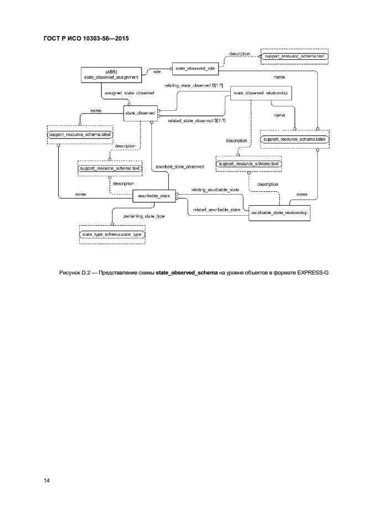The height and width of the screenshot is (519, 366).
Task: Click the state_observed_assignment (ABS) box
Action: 109,75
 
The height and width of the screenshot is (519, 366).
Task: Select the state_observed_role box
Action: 195,69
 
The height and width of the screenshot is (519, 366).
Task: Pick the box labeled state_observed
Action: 140,113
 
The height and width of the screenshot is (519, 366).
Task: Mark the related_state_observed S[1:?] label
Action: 197,120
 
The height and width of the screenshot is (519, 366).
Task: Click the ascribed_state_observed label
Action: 180,166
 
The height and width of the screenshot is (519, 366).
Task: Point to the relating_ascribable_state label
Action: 215,190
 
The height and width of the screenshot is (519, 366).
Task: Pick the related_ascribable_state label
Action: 216,210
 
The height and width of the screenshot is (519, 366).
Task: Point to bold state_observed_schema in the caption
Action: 186,273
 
